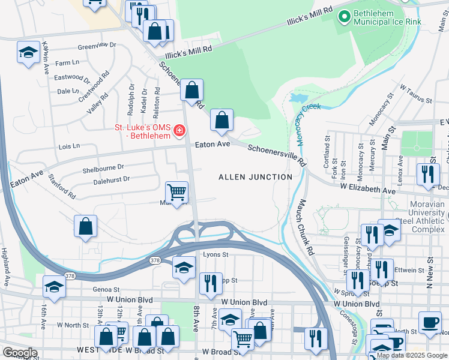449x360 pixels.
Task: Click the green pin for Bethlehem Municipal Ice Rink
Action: (x=345, y=17)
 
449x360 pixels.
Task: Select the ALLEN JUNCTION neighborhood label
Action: (x=255, y=177)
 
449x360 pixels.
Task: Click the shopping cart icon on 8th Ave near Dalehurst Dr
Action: (x=176, y=193)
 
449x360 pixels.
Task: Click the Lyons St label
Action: (x=217, y=255)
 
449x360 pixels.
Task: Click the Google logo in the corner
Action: (x=20, y=353)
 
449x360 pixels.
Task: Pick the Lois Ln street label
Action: (x=69, y=146)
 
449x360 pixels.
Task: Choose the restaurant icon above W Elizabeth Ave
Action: (x=427, y=174)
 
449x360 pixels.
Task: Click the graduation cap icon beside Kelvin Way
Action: (x=28, y=53)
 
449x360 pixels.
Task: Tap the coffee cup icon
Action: (x=430, y=323)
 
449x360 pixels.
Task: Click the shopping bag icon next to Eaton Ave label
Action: (x=221, y=121)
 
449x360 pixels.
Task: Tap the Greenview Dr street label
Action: (x=97, y=45)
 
